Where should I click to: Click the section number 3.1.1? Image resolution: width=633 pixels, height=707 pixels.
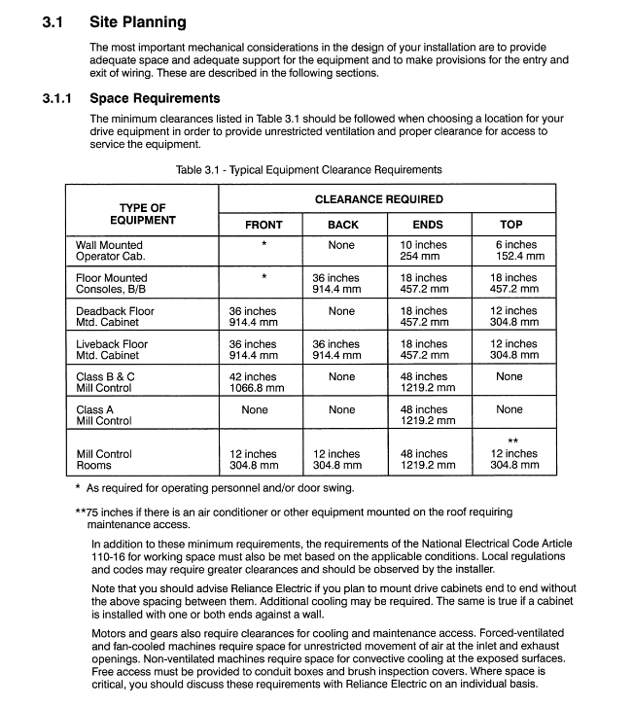[x=57, y=98]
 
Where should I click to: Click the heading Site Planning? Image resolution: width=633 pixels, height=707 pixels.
[x=137, y=21]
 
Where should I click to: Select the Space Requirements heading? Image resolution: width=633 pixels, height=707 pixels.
[x=155, y=98]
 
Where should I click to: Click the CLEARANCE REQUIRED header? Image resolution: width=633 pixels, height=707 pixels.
[x=378, y=199]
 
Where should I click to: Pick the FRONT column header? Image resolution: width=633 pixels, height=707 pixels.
[x=264, y=225]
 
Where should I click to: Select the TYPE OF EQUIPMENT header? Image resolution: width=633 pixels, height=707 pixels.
[x=142, y=214]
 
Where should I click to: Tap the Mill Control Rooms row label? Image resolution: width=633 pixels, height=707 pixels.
[x=104, y=459]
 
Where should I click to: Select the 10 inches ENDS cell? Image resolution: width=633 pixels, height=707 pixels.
[x=424, y=251]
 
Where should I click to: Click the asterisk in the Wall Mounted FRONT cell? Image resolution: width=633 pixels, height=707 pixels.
[x=264, y=245]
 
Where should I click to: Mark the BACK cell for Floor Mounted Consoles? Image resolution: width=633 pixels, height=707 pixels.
[x=335, y=284]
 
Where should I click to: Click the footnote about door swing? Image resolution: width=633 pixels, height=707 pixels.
[x=220, y=487]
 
